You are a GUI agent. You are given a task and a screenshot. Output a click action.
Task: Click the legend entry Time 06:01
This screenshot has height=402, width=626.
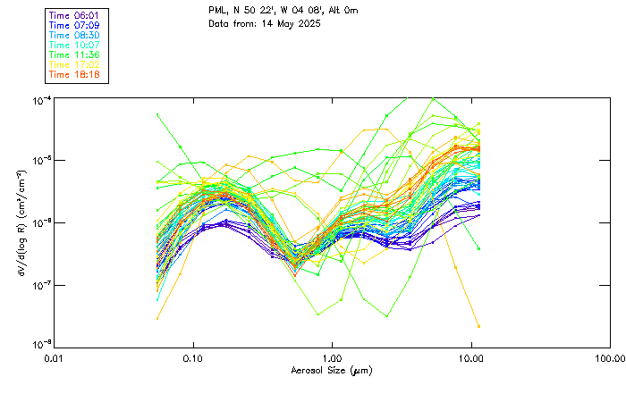75,15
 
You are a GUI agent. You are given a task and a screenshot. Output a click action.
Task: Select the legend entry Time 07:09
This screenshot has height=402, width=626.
75,25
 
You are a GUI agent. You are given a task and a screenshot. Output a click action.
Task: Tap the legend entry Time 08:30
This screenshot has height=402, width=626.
75,35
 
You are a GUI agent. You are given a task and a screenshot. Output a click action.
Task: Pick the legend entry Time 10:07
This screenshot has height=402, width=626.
75,45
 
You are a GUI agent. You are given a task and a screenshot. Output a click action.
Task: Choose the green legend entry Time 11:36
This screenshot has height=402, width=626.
75,54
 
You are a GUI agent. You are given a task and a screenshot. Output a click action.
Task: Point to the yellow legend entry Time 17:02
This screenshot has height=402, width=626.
75,64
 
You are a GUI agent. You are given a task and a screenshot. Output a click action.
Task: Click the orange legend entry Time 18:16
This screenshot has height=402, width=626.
75,74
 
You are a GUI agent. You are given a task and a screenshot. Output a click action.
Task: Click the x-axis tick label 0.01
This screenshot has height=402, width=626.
55,357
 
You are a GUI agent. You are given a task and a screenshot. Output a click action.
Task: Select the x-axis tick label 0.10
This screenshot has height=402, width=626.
193,357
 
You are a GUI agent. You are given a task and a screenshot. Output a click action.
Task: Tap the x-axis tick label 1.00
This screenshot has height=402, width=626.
332,357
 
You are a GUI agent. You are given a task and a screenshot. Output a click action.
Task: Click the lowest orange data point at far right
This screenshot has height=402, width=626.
478,326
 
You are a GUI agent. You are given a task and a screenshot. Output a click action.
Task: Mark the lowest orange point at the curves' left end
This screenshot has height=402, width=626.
158,318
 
